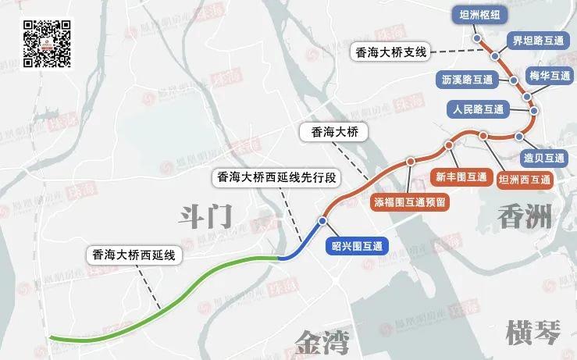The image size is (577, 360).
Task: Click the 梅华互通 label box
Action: (x=550, y=76)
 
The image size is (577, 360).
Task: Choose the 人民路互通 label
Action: (x=476, y=109)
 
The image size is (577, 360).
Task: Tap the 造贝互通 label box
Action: (x=544, y=157)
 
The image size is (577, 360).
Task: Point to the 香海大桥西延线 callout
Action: (x=132, y=254)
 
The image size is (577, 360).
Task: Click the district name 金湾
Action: (x=322, y=340)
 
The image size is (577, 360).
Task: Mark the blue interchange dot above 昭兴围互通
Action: (x=322, y=222)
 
